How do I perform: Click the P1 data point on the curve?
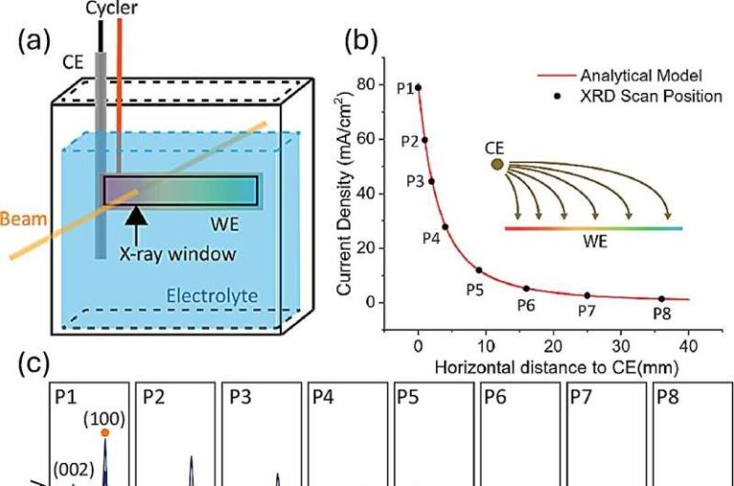click(x=418, y=87)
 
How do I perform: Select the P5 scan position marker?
click(x=478, y=270)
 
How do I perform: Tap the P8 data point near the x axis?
click(x=660, y=298)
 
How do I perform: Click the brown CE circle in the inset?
click(x=497, y=165)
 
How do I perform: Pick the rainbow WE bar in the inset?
click(x=593, y=228)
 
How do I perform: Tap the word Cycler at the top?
click(x=104, y=7)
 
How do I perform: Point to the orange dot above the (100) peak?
click(x=105, y=431)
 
